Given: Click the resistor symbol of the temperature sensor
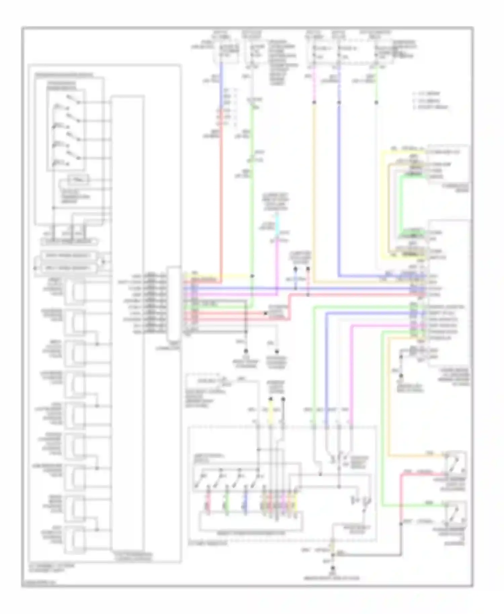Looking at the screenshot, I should [x=78, y=180].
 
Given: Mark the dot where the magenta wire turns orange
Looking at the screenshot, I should [x=314, y=102].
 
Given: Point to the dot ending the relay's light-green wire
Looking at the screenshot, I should [x=376, y=102].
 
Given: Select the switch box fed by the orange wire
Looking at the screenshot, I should [x=456, y=462].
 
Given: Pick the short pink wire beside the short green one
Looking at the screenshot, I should [x=208, y=502].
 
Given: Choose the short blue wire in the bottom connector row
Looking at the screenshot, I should [x=246, y=502].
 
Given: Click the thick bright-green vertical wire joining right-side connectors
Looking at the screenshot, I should [x=401, y=205].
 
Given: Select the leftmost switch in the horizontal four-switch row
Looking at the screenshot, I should [x=202, y=477].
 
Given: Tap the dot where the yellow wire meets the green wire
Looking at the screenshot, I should [x=252, y=276].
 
